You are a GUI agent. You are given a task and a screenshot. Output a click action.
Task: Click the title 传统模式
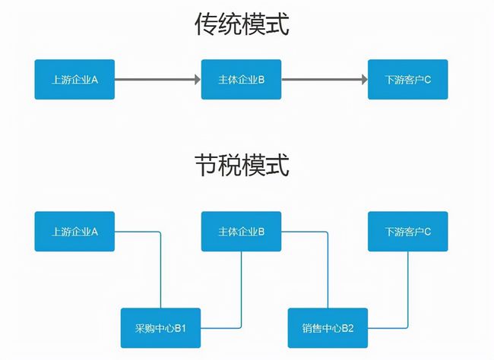pos(242,26)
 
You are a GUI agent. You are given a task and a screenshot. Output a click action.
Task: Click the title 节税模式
pos(242,165)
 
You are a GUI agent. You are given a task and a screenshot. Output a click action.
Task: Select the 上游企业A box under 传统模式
pos(74,79)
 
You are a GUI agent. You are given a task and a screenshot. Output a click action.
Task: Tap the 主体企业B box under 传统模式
pos(241,79)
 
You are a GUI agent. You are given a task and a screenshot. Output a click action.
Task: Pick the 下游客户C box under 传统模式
pos(407,79)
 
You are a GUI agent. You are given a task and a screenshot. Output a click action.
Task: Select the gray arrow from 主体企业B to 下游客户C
pos(323,79)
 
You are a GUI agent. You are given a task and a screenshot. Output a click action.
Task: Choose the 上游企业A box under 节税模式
pos(74,231)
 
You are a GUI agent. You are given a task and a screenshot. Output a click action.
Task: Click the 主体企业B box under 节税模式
pos(241,231)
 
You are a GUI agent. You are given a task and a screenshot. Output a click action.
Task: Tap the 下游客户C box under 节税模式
pos(407,231)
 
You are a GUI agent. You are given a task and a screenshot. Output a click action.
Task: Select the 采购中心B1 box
pos(160,327)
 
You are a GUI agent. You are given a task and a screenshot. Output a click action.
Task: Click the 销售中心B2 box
pos(328,327)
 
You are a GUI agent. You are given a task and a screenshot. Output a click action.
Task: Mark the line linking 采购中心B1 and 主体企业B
pos(241,289)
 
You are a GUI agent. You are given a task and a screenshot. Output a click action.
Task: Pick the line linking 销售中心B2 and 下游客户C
pos(407,289)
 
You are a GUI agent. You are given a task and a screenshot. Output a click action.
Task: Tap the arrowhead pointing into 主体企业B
pos(195,79)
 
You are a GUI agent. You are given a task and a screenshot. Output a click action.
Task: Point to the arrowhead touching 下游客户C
pos(363,79)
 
